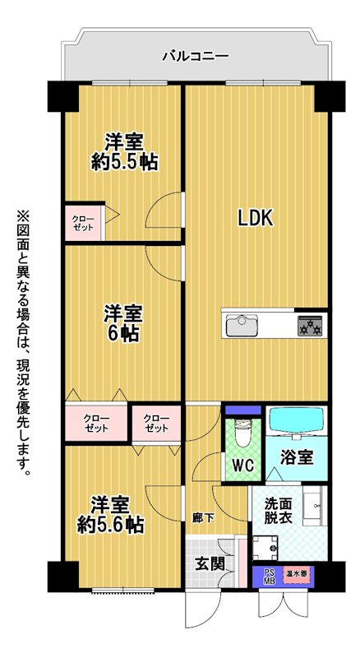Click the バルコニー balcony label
(196, 55)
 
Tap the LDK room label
(256, 218)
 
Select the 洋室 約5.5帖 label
(125, 152)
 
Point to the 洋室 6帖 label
(123, 322)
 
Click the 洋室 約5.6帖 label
(111, 515)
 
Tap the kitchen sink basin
(242, 325)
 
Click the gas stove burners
(311, 326)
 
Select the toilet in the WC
(242, 434)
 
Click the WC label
(242, 465)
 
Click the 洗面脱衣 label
(278, 508)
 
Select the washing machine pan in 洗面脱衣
(265, 547)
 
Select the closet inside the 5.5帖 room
(83, 222)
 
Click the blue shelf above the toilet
(243, 410)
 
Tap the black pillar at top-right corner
(330, 96)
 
